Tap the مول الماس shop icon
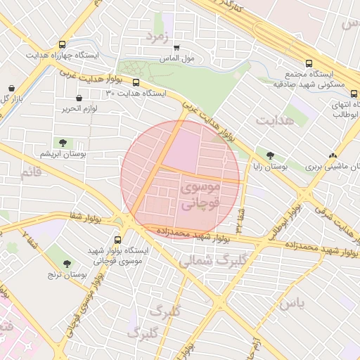(x=176, y=49)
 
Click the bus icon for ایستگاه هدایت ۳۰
(x=136, y=82)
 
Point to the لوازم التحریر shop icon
(x=78, y=98)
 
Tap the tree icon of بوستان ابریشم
(x=63, y=143)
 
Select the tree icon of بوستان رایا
(x=270, y=155)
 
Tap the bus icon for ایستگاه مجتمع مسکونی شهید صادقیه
(x=320, y=63)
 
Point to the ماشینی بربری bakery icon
(x=333, y=155)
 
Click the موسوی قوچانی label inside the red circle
(x=200, y=195)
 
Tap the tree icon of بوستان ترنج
(x=67, y=264)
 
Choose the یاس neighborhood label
(x=291, y=304)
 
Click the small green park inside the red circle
(x=203, y=207)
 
